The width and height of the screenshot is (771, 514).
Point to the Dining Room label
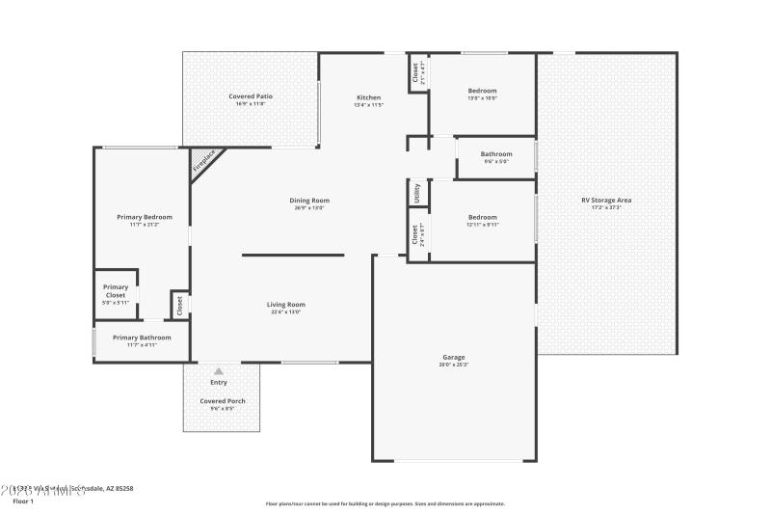(x=309, y=201)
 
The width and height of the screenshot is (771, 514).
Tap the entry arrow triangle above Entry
(x=219, y=371)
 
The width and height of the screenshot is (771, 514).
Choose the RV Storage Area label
(x=606, y=201)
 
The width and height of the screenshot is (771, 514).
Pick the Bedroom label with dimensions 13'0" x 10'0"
(x=483, y=92)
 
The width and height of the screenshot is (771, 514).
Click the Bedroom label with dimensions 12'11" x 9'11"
(x=482, y=218)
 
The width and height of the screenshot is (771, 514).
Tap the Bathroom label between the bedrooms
(x=496, y=154)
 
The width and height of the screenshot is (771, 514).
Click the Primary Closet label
(x=116, y=290)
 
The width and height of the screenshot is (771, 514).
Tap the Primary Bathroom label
(x=142, y=338)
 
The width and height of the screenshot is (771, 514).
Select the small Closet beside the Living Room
(x=179, y=304)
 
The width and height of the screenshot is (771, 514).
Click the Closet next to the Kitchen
(x=416, y=72)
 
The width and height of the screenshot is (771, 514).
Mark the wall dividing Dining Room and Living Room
(x=292, y=255)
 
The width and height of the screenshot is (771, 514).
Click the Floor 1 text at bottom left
(x=22, y=501)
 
